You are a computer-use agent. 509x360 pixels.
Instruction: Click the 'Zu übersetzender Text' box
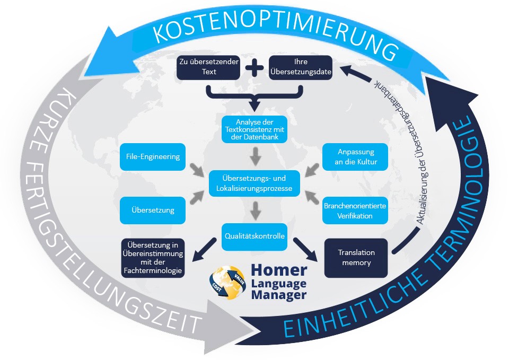(209, 68)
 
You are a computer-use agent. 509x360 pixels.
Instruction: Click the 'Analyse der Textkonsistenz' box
(254, 129)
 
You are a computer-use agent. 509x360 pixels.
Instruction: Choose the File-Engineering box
(153, 156)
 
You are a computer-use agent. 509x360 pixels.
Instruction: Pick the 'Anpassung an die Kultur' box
(356, 156)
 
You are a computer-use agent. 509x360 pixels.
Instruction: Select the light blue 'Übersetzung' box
(153, 210)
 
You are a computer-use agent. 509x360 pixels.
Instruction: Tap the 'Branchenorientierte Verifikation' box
(356, 210)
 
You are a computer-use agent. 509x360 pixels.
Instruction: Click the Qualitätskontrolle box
(254, 237)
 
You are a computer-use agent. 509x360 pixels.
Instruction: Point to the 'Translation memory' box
(356, 258)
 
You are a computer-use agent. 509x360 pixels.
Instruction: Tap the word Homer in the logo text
(279, 270)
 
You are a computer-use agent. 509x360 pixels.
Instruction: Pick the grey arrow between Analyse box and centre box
(255, 155)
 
